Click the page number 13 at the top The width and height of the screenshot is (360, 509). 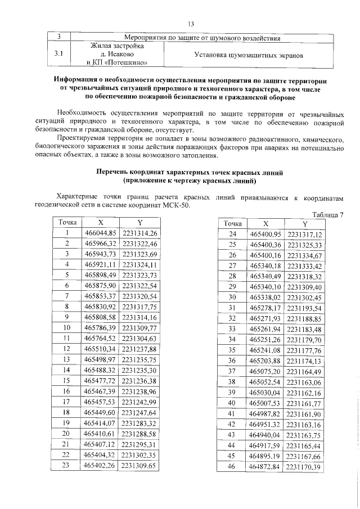pos(191,24)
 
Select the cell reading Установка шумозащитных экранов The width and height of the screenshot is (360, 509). pos(249,56)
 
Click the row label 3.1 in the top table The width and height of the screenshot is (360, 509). pos(58,55)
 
